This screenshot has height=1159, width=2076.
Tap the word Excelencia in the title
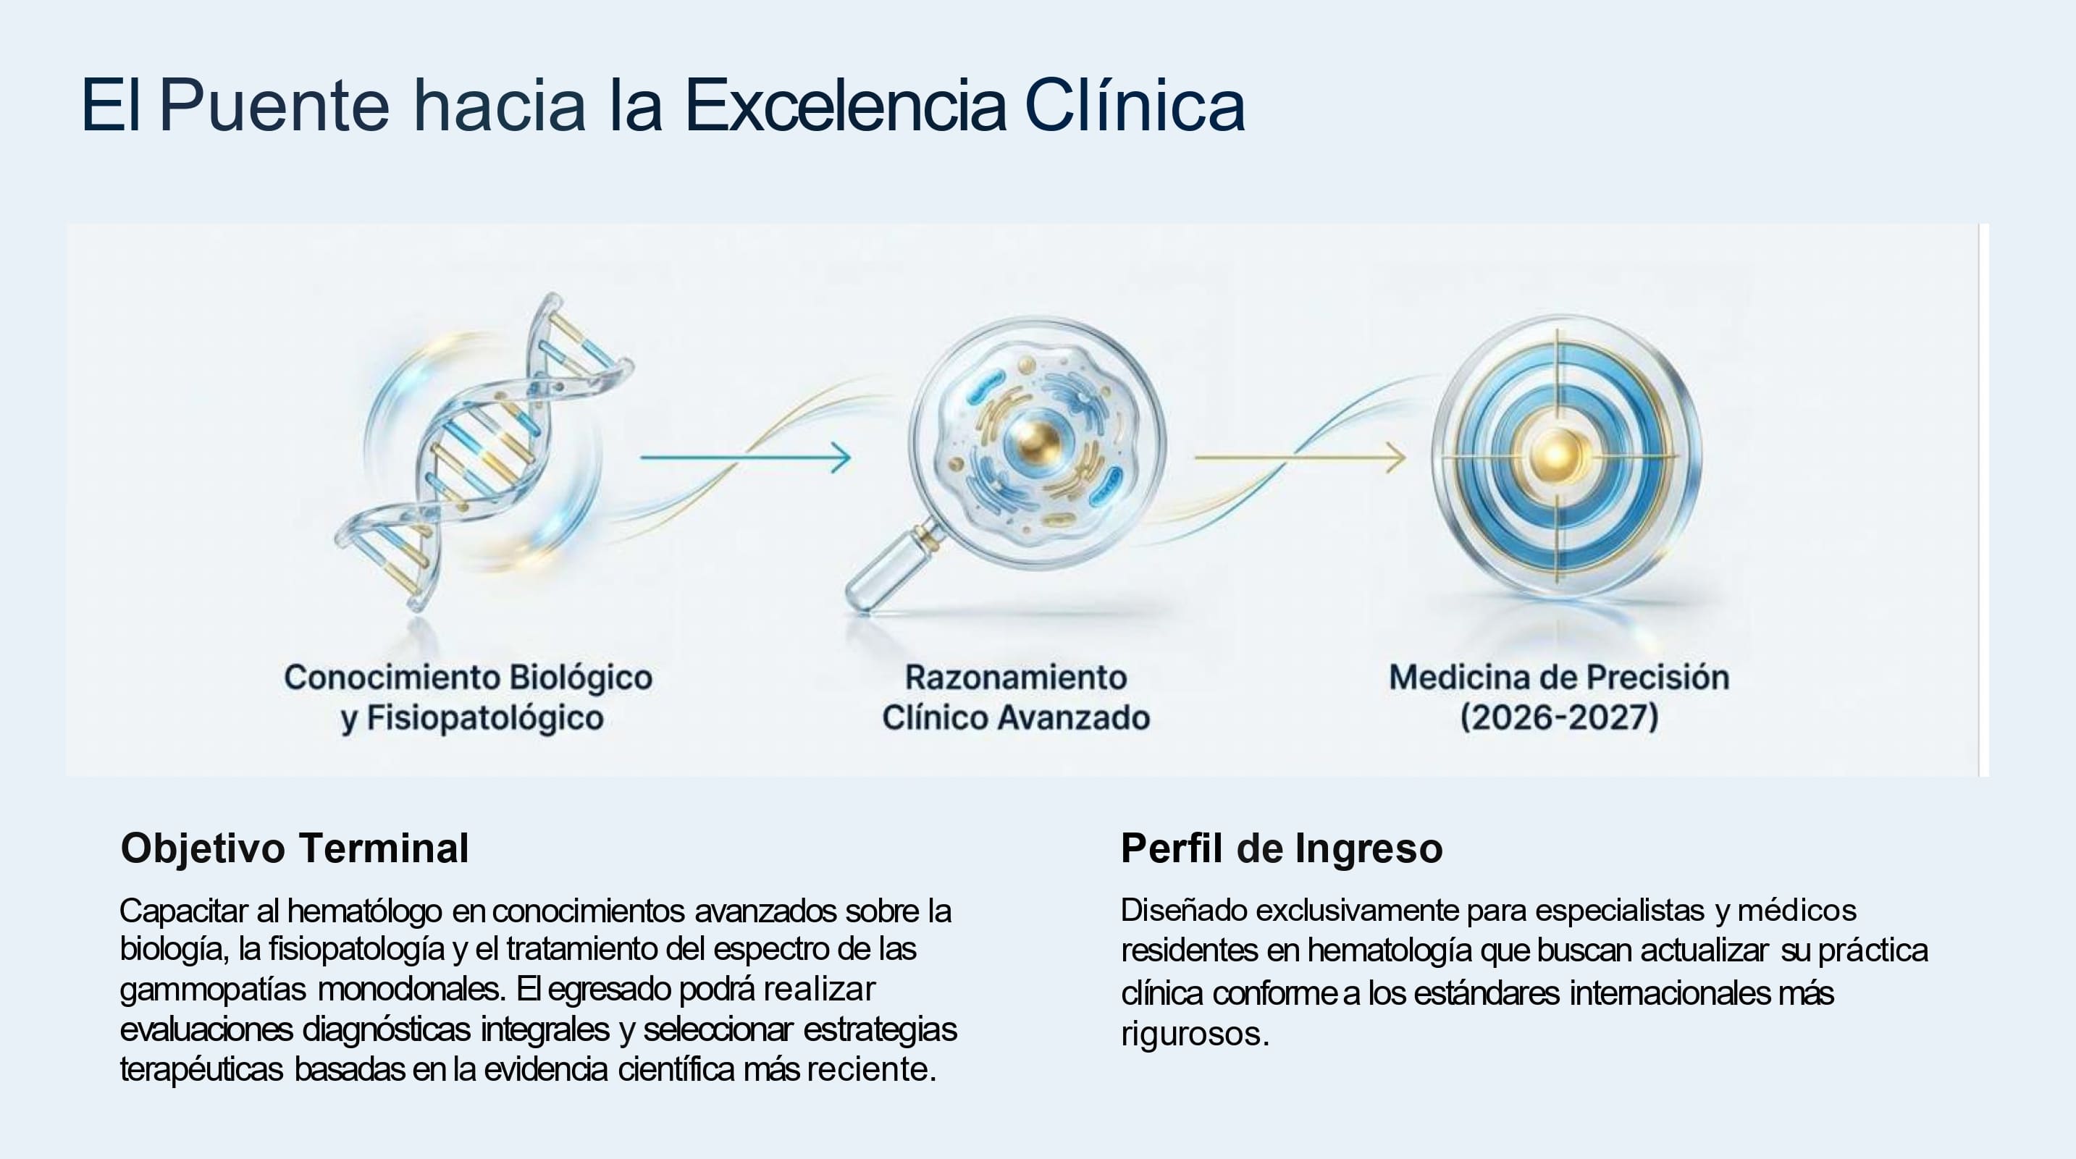tap(846, 105)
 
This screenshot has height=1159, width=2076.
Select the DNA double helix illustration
tap(484, 451)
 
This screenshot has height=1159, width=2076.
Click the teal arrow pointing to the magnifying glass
tap(745, 457)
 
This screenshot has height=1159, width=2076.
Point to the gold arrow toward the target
tap(1300, 457)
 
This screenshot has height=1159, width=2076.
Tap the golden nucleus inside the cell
tap(1035, 439)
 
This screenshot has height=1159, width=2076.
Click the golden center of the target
tap(1557, 455)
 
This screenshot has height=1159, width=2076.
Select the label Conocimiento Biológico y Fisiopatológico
tap(468, 697)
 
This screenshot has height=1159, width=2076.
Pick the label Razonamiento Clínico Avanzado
tap(1015, 697)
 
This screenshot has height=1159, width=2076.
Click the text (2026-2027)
tap(1558, 717)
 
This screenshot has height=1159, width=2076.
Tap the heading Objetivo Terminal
tap(294, 848)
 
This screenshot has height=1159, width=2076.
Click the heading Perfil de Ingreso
tap(1282, 848)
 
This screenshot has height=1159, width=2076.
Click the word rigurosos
tap(1195, 1034)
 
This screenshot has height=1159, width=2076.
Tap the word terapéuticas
tap(201, 1071)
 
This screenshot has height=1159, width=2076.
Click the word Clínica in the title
tap(1135, 105)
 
